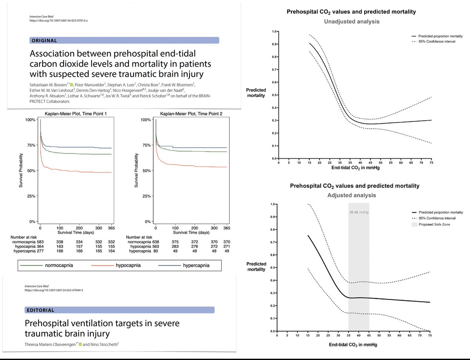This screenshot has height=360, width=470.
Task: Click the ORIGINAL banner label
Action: click(44, 40)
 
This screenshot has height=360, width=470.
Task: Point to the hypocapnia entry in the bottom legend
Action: click(127, 266)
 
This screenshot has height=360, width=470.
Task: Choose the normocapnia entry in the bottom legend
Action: click(59, 266)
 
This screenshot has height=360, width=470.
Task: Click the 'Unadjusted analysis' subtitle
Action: click(352, 22)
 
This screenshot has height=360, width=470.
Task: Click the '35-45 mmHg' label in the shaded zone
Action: click(359, 212)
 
